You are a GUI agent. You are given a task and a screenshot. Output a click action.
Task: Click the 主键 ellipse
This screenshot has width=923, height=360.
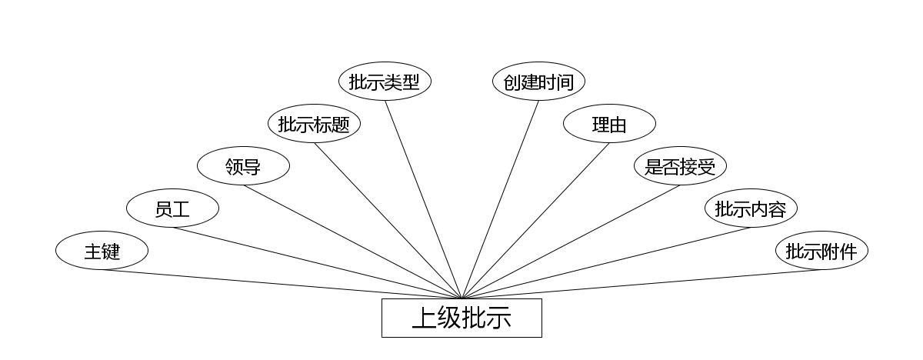coord(102,251)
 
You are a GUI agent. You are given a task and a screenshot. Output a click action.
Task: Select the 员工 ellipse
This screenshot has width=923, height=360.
coord(172,208)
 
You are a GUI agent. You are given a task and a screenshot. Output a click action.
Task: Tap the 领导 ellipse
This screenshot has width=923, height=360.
coord(243,166)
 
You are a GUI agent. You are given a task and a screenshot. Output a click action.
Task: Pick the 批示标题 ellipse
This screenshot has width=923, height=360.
coord(314,124)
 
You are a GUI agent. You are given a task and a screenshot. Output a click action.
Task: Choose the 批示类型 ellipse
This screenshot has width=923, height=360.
coord(385,82)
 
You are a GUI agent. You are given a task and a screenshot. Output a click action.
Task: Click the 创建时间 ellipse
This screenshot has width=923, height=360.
coord(538,82)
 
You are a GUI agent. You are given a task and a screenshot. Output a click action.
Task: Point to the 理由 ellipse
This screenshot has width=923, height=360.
coord(609,124)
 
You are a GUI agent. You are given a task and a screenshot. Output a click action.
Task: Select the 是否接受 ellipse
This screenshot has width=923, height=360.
coord(680,166)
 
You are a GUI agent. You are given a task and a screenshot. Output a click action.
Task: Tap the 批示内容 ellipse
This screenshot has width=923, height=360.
coord(751,208)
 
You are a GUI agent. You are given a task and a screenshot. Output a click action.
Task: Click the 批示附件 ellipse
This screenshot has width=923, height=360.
coord(821,251)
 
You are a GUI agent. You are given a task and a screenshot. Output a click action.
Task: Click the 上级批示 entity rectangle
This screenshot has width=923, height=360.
coord(461,318)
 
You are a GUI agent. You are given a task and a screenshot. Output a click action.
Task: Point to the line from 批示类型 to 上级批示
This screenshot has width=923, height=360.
coord(423,199)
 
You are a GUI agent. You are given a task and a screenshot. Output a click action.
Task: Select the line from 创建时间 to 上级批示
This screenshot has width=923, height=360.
coord(500,199)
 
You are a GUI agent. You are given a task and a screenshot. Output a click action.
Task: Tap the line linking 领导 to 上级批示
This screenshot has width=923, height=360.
coord(352,242)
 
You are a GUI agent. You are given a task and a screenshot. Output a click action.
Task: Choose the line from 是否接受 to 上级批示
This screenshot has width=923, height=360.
coord(571,242)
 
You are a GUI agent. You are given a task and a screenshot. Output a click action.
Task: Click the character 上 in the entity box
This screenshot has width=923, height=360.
coord(425,318)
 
